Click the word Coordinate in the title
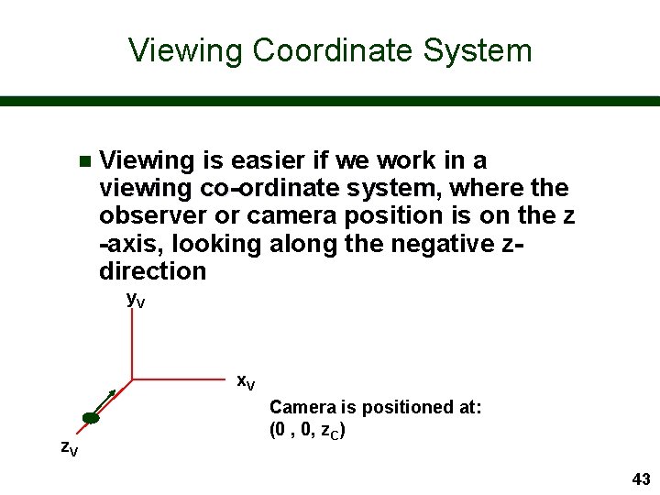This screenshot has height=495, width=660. (x=330, y=50)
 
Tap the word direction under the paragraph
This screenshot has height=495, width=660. (x=152, y=271)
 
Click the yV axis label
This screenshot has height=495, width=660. (x=135, y=299)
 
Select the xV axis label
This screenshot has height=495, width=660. (x=246, y=381)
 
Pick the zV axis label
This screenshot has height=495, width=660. (x=69, y=448)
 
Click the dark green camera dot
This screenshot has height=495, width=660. (x=90, y=419)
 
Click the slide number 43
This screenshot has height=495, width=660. (x=641, y=479)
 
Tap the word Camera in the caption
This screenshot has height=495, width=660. (x=302, y=407)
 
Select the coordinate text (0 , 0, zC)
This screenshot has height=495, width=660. (x=307, y=430)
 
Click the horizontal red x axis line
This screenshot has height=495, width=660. (x=183, y=379)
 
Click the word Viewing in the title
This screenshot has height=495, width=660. (x=186, y=50)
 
